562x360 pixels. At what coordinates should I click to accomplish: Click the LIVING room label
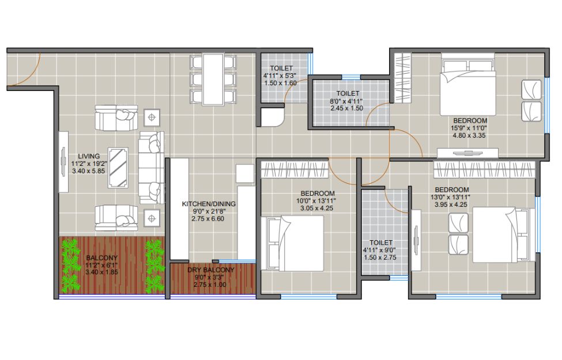[89, 156]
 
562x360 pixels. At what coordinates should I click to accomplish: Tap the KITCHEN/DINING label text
[209, 204]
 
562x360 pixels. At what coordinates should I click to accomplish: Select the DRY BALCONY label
[210, 270]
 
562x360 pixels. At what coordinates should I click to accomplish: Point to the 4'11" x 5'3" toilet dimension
[280, 75]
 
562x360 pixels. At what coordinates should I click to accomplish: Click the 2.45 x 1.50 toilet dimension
[346, 108]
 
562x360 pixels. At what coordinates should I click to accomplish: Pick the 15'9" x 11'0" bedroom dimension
[469, 128]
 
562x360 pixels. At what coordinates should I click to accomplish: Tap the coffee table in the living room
[118, 168]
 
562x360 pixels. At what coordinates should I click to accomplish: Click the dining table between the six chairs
[213, 79]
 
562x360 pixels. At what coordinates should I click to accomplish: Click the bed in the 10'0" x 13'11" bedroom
[292, 243]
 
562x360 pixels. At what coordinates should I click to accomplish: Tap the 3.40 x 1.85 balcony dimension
[101, 272]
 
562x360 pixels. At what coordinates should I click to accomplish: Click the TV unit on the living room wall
[63, 162]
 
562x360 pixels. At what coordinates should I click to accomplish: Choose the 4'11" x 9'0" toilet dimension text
[380, 250]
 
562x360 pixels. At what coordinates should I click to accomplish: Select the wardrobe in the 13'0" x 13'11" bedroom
[484, 169]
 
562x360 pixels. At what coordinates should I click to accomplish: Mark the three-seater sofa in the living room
[151, 168]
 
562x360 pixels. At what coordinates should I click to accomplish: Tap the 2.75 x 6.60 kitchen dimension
[208, 218]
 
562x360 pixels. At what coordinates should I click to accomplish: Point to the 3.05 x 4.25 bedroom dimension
[317, 208]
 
